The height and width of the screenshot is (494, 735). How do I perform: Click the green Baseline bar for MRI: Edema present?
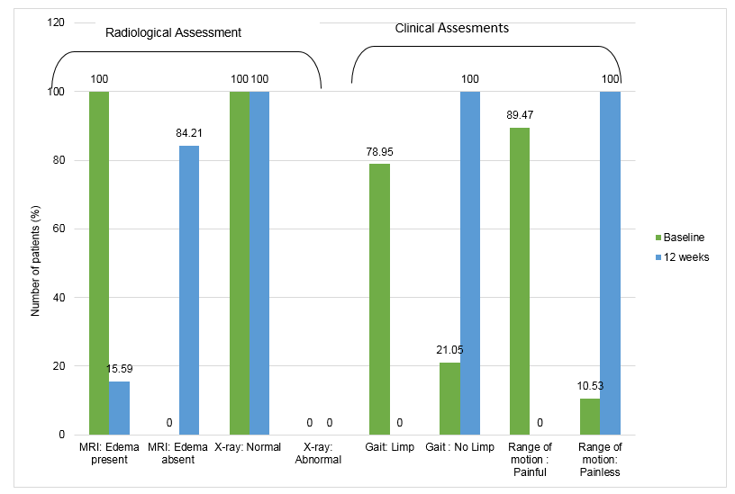(99, 263)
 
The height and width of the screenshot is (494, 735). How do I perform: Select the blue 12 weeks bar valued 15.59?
(119, 408)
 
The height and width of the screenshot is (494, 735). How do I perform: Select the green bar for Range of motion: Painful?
(520, 281)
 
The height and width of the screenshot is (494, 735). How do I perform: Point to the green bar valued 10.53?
(590, 416)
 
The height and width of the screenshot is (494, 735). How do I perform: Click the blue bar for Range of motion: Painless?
(610, 263)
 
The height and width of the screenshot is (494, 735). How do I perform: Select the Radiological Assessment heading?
(173, 32)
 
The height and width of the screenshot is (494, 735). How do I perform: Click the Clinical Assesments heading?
(451, 28)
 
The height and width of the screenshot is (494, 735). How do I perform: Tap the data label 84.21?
(189, 133)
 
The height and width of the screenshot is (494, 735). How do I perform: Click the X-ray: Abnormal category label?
(320, 453)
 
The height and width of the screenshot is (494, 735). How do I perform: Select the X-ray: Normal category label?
(250, 447)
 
